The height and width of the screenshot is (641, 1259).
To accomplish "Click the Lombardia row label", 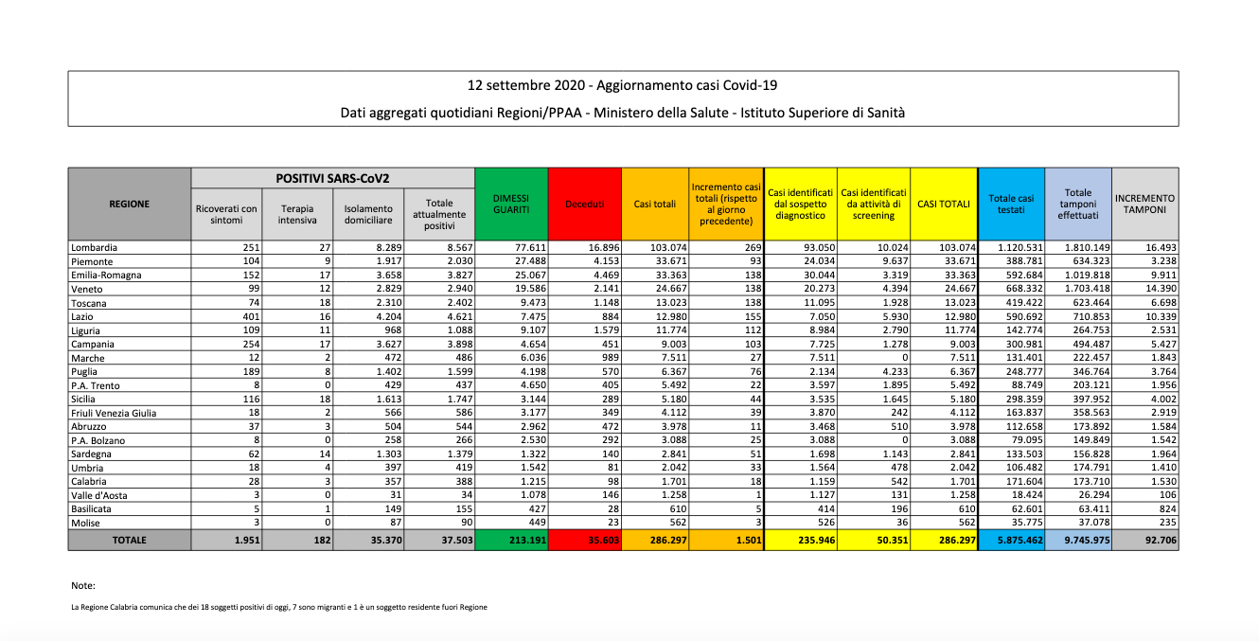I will [95, 248].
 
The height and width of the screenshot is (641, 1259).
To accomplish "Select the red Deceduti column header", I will [585, 204].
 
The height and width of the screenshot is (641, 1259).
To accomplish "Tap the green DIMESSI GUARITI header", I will [511, 204].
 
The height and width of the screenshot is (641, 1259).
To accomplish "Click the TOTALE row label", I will [129, 540].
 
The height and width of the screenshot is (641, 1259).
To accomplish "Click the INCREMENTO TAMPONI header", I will [1144, 204].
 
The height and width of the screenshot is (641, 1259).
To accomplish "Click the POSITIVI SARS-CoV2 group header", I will [332, 178].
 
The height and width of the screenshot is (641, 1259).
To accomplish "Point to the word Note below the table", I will [83, 586].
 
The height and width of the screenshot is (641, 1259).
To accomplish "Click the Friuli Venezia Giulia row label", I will [114, 413].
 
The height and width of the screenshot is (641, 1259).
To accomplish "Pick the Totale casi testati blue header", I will [1011, 204].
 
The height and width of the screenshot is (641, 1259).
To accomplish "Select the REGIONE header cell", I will [129, 204].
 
